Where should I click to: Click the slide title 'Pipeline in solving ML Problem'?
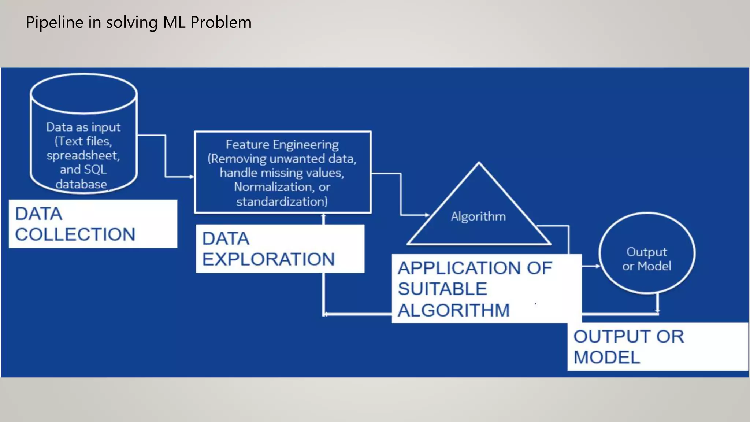click(138, 23)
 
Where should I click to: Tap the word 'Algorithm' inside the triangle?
click(478, 216)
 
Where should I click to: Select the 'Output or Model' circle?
click(647, 253)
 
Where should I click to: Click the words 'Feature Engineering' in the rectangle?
click(282, 145)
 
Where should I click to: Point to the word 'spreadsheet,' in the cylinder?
click(83, 156)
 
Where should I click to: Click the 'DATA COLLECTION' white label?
click(93, 224)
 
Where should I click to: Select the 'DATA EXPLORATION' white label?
click(280, 249)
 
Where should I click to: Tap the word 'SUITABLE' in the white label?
click(442, 289)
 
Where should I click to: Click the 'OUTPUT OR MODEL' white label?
click(657, 347)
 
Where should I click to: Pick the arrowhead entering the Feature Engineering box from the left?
click(192, 177)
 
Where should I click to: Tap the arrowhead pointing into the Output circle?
click(598, 266)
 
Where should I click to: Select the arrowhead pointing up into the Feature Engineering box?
click(323, 216)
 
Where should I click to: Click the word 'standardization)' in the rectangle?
click(282, 201)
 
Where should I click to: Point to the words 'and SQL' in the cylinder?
click(83, 170)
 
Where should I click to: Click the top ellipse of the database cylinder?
click(84, 93)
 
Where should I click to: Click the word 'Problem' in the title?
click(221, 23)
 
